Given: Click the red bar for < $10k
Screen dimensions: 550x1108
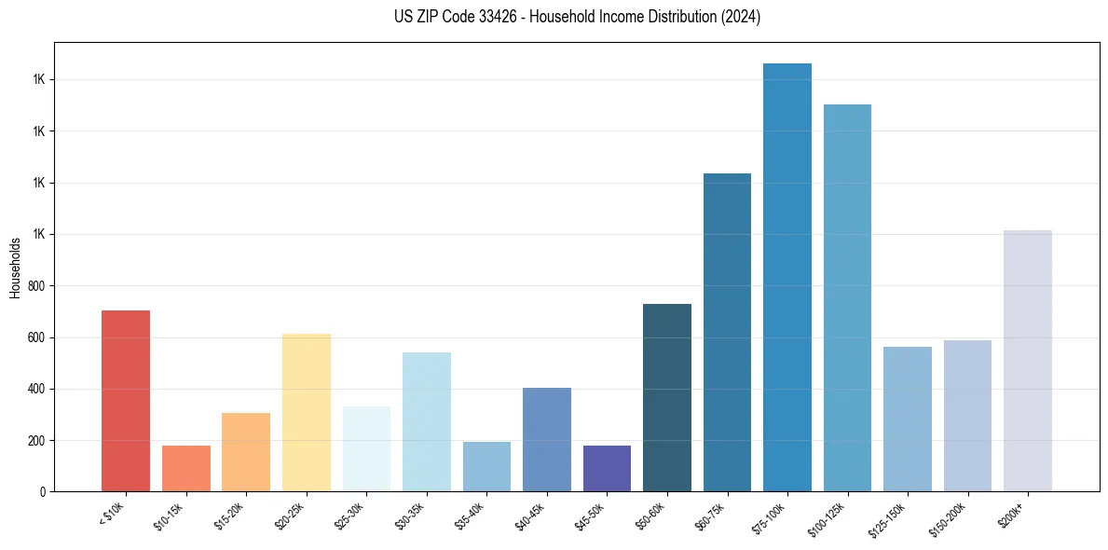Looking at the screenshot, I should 126,401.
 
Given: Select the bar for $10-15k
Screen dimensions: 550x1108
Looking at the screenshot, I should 186,468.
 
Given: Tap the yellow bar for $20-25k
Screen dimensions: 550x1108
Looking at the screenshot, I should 307,412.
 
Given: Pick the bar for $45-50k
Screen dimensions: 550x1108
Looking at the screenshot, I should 607,468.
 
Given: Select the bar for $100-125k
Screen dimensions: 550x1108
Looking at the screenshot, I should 847,297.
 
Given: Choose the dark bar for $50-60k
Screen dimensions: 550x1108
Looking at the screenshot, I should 667,397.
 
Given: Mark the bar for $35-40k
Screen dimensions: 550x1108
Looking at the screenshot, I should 486,466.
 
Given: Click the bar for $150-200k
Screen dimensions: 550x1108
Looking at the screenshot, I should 967,416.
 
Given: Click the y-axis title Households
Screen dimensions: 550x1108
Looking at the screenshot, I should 15,267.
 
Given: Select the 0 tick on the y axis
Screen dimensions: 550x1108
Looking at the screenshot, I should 43,491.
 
